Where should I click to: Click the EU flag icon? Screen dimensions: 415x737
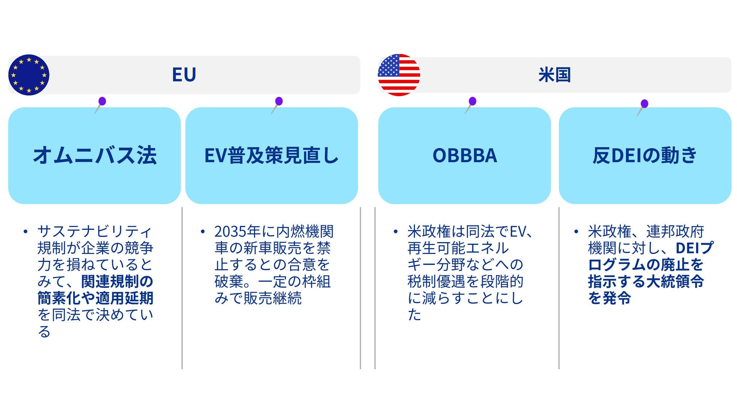(29, 75)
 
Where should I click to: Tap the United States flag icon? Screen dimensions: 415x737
(399, 75)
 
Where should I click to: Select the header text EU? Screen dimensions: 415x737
(184, 75)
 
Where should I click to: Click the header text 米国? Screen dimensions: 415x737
(555, 75)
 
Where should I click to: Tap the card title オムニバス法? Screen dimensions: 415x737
(95, 155)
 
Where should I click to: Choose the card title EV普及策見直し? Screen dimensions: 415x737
(271, 155)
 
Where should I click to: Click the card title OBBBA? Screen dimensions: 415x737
(465, 155)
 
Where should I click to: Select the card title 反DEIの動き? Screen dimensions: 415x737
(645, 155)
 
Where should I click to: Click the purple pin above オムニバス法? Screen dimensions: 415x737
(102, 101)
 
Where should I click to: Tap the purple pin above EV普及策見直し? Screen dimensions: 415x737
(279, 101)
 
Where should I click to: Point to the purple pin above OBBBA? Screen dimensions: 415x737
(473, 101)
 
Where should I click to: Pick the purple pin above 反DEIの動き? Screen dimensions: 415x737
(645, 104)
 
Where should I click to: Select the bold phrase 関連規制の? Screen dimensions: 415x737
(117, 281)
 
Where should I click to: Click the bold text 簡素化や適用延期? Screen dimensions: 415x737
(95, 298)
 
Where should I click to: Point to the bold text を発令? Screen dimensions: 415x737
(609, 298)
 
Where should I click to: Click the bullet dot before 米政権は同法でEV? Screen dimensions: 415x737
(395, 231)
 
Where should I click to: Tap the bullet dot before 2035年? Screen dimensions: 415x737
(203, 231)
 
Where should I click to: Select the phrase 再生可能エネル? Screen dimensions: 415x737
(458, 248)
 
